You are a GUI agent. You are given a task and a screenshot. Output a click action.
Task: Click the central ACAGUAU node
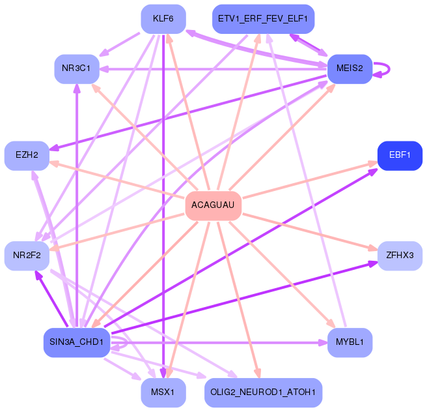213,205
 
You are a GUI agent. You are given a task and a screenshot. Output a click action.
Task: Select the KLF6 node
163,19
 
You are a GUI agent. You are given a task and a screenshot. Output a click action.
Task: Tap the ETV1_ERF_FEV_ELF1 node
264,19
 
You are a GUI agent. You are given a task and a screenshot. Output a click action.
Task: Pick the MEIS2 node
350,69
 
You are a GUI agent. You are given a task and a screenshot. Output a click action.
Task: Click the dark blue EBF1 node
400,156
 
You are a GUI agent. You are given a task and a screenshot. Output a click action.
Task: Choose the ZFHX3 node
400,256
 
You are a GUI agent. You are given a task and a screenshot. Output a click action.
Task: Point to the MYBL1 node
350,342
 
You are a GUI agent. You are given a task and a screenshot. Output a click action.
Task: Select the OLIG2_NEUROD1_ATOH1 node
264,392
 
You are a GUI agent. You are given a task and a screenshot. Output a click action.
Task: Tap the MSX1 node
163,392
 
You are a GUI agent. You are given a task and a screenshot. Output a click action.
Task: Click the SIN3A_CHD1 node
77,342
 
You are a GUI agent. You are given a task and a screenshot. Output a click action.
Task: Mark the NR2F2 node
27,256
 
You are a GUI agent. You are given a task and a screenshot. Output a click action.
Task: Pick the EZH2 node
27,156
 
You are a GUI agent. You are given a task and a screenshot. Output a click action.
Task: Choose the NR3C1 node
77,69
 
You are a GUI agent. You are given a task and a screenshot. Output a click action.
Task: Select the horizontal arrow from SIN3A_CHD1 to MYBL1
219,342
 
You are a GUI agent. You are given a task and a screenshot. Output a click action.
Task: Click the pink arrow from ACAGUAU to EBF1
310,180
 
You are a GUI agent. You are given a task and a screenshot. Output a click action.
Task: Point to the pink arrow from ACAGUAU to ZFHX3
310,232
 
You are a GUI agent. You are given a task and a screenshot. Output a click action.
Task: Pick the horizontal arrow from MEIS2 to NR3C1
213,69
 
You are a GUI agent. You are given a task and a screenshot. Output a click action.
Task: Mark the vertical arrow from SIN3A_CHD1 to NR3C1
77,206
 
